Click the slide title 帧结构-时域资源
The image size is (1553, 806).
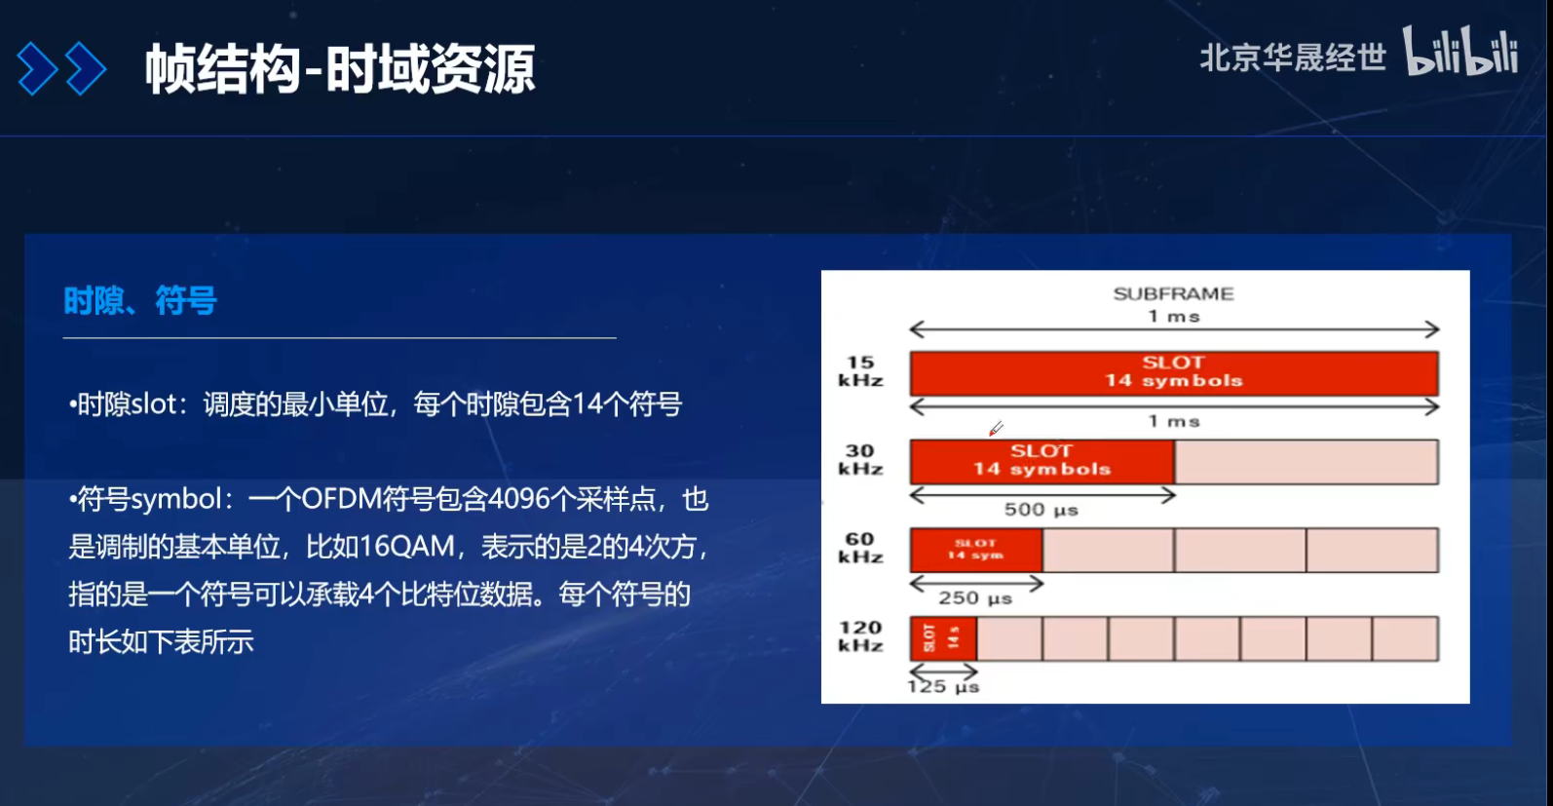(340, 69)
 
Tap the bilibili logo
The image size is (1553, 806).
(1459, 53)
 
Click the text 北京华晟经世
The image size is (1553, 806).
(1292, 58)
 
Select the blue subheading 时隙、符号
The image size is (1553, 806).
(140, 301)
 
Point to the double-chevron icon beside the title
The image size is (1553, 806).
(61, 69)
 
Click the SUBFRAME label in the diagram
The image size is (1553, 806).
(1173, 293)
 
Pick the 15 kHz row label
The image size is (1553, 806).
(860, 371)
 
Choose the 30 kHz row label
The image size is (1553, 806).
(860, 460)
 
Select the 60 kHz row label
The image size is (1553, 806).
(860, 548)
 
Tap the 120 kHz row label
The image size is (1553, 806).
(860, 636)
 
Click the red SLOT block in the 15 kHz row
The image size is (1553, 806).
(1173, 372)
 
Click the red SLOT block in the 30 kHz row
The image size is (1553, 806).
(1042, 461)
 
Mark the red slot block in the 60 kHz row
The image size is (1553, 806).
(975, 550)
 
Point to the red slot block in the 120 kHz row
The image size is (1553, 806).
(943, 638)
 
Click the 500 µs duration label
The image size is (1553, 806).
(1041, 510)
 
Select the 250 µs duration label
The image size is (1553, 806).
(975, 598)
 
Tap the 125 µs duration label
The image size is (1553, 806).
(943, 687)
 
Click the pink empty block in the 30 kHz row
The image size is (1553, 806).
(1307, 461)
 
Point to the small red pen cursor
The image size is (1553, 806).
(996, 428)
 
